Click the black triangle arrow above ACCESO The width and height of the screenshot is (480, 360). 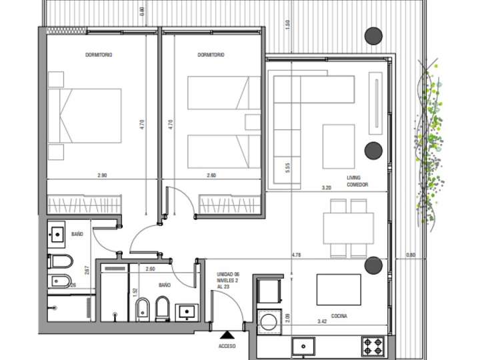pyautogui.click(x=228, y=335)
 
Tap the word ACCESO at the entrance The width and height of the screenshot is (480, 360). pyautogui.click(x=228, y=347)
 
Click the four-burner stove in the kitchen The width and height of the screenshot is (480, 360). pyautogui.click(x=373, y=346)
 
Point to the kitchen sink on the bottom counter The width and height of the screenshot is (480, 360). pyautogui.click(x=305, y=347)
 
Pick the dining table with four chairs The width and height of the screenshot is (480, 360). pyautogui.click(x=349, y=228)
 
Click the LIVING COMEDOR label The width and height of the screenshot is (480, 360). pyautogui.click(x=357, y=181)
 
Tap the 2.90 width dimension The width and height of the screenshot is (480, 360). pyautogui.click(x=102, y=175)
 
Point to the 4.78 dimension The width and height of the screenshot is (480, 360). pyautogui.click(x=297, y=254)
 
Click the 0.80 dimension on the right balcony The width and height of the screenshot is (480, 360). pyautogui.click(x=410, y=254)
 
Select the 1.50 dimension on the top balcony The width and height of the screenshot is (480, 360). pyautogui.click(x=287, y=23)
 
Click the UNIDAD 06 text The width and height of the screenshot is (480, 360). pyautogui.click(x=228, y=274)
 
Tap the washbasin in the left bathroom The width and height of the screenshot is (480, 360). pyautogui.click(x=57, y=234)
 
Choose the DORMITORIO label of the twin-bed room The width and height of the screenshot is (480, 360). pyautogui.click(x=211, y=55)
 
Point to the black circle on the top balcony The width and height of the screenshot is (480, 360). pyautogui.click(x=373, y=35)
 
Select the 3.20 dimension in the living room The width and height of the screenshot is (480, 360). pyautogui.click(x=326, y=188)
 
